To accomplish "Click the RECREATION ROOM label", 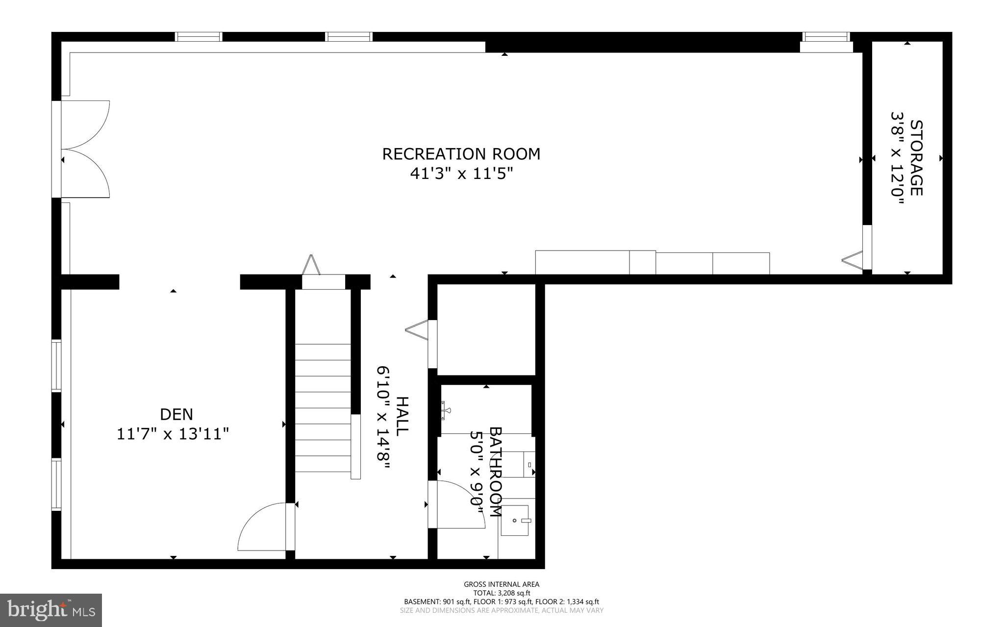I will click(461, 154).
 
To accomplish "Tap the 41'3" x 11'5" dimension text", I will click(461, 174).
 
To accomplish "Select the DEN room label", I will click(176, 414).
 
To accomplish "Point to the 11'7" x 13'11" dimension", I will click(173, 434).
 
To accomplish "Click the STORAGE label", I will click(916, 158).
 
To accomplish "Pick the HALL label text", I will click(402, 417).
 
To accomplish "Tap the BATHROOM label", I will click(496, 472).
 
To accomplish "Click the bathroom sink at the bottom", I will click(515, 520).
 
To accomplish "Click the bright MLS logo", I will click(51, 610).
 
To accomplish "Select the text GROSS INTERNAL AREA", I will click(502, 584).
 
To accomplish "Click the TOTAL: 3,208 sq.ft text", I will click(502, 593).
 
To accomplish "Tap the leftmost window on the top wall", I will click(199, 37).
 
